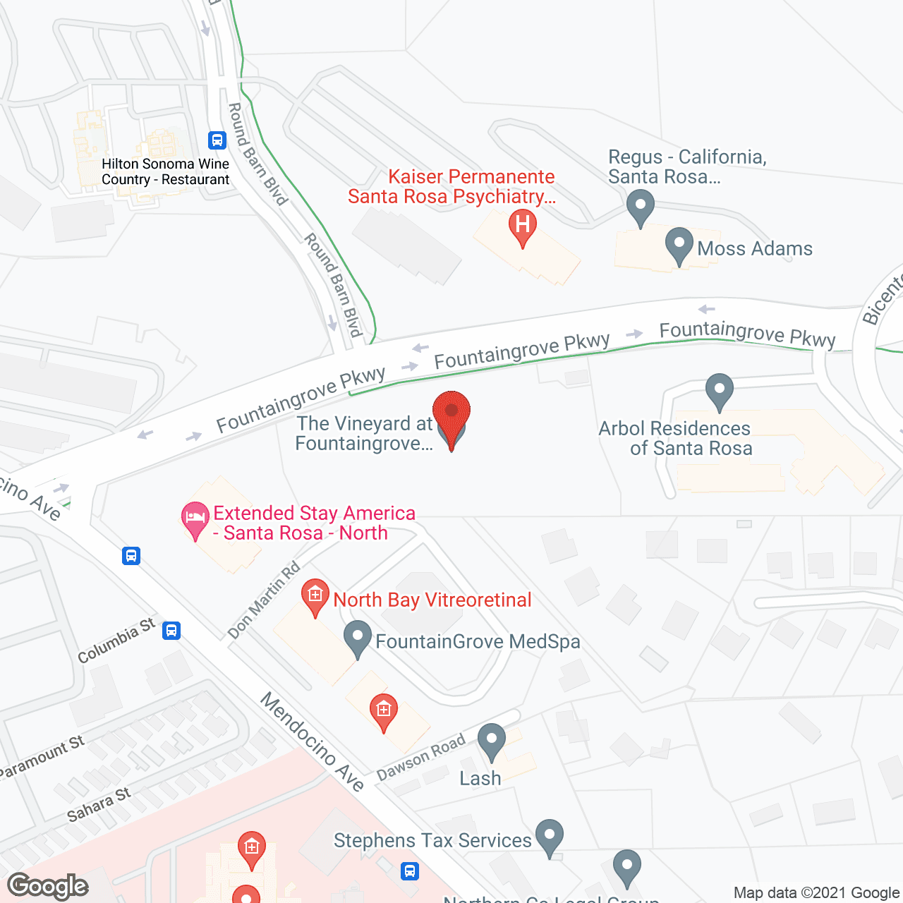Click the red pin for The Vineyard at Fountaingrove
(451, 415)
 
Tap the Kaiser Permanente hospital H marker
(523, 226)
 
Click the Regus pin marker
(640, 207)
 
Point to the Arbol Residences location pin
(719, 389)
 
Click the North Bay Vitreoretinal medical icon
(315, 595)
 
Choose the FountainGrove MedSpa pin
(358, 638)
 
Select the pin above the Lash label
(491, 741)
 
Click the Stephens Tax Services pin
(549, 836)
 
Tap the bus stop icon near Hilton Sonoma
(217, 140)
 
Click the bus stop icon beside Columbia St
(171, 630)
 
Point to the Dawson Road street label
(421, 756)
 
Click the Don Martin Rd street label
(264, 600)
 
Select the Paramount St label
(42, 757)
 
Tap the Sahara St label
(99, 805)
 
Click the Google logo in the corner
(48, 886)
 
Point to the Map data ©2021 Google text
(816, 893)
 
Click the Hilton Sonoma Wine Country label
(165, 171)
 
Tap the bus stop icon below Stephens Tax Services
(410, 871)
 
